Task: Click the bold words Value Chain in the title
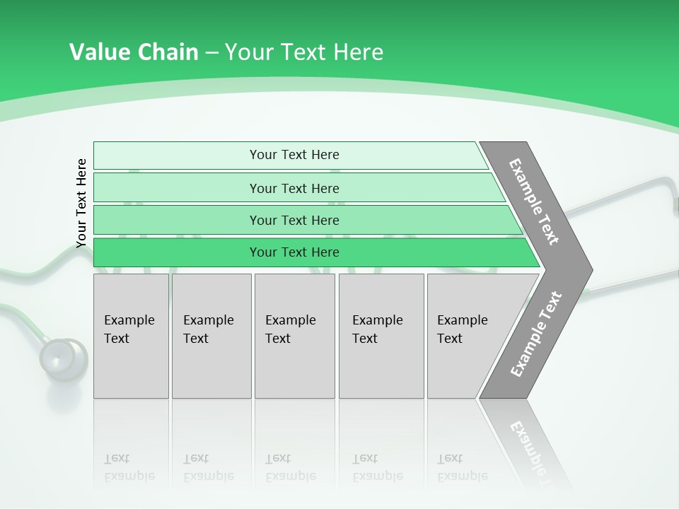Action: [134, 52]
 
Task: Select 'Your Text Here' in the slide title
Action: [304, 52]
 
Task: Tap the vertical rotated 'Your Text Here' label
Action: [81, 204]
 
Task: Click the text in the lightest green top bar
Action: [294, 155]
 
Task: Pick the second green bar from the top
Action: [294, 188]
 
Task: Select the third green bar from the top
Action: [294, 220]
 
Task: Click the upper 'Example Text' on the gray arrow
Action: [534, 201]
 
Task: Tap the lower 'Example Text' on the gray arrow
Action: [535, 334]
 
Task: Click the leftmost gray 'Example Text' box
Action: [131, 336]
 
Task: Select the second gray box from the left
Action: [211, 336]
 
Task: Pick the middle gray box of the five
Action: [294, 336]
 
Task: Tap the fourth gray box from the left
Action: [381, 336]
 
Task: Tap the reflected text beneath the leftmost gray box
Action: [129, 467]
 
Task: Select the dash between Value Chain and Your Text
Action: [211, 52]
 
